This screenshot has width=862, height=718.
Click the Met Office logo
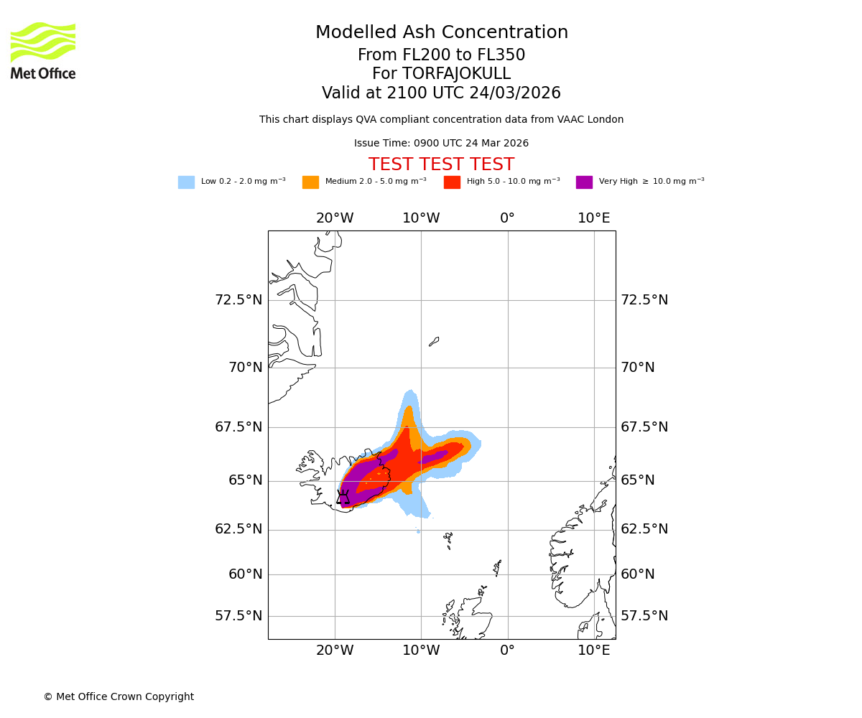[x=43, y=50]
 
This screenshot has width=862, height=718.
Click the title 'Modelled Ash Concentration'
[x=442, y=33]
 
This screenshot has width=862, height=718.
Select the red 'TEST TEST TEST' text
[x=441, y=165]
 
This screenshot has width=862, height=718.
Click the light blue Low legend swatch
[x=186, y=182]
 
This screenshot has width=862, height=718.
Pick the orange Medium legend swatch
[x=310, y=182]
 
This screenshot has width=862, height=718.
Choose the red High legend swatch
[x=452, y=182]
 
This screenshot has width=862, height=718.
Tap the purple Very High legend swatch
[x=584, y=182]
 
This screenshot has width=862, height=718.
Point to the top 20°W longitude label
[x=335, y=218]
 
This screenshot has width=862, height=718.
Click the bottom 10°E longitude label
[x=594, y=651]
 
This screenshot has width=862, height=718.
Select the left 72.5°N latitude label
[x=238, y=300]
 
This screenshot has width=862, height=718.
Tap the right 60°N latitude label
[x=638, y=574]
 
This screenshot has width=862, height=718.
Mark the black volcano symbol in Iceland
[x=343, y=497]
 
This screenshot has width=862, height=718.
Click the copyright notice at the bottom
[x=119, y=697]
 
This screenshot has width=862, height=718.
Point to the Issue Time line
[x=441, y=144]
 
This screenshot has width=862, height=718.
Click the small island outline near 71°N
[x=434, y=342]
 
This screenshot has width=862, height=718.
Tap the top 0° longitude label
[x=507, y=218]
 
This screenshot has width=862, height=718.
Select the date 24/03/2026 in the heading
[x=515, y=93]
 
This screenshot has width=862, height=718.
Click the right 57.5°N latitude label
[x=644, y=616]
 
